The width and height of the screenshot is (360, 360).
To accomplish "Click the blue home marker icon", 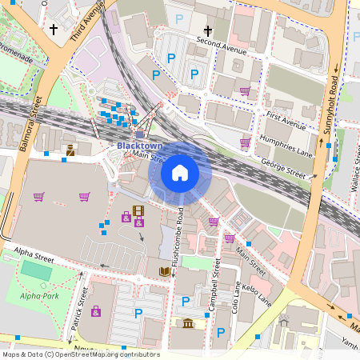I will point(180,172).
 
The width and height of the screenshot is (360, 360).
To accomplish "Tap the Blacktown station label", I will point(139,146).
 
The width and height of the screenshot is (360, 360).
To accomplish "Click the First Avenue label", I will point(286,122).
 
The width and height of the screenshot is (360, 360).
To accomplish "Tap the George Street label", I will point(283,169).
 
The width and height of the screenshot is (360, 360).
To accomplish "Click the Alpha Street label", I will point(34,257).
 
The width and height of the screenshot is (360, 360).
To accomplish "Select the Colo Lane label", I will point(236,297).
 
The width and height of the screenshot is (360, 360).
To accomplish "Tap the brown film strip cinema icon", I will point(139,212).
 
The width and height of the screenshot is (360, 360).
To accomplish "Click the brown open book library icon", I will point(165,272).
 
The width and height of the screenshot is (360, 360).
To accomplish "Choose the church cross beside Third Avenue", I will point(54,30).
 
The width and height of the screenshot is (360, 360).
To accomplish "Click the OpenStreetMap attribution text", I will point(80,354).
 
